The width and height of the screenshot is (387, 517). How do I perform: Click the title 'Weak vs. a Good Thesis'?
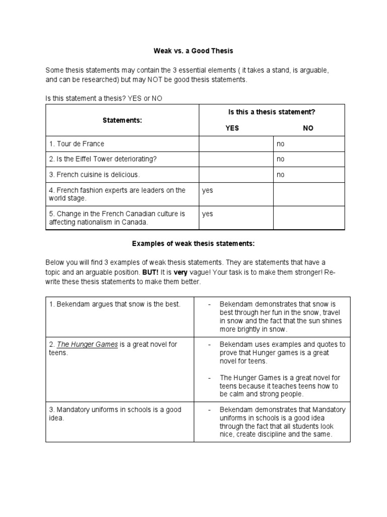coord(193,51)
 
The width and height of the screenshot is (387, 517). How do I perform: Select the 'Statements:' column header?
coord(122,121)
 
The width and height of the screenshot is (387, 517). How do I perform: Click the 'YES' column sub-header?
coord(232,128)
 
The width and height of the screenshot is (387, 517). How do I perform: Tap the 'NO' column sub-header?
coord(308,128)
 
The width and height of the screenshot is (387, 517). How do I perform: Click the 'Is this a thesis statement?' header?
coord(272,112)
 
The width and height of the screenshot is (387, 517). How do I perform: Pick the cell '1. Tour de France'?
coord(77,144)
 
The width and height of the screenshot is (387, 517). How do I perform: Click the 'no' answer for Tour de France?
coord(281,144)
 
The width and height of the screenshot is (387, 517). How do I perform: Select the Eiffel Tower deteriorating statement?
coord(103,159)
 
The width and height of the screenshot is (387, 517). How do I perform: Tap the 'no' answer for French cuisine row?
coord(281,175)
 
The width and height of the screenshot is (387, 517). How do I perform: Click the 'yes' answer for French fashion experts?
coord(208,190)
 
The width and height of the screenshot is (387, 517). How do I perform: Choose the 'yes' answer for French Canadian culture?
coord(208,214)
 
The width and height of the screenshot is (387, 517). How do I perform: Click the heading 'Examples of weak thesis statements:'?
coord(193,244)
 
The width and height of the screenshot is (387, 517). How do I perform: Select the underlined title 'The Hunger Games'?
coord(87,344)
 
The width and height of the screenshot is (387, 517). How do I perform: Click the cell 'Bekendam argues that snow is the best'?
coord(114,304)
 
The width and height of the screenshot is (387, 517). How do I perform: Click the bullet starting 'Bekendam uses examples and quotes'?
coord(282,352)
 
